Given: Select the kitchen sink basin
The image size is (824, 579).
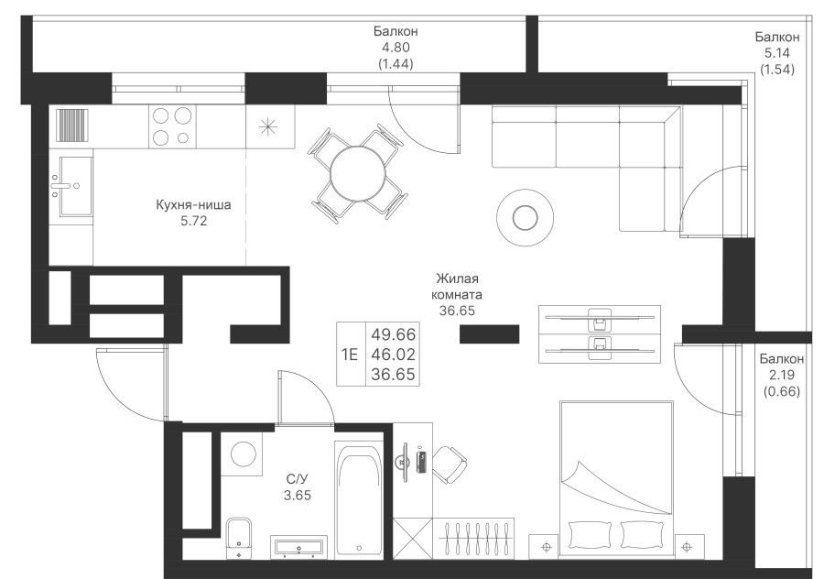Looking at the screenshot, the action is click(76, 186).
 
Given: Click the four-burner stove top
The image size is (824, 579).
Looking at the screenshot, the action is click(172, 126).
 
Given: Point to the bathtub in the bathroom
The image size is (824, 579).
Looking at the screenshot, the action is click(359, 499).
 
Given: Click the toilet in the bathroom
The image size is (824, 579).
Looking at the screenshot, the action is click(239, 539).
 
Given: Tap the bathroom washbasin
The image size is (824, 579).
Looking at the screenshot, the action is click(298, 547).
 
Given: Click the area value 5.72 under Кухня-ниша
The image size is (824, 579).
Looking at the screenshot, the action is click(194, 221).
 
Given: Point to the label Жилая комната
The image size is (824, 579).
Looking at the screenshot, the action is click(457, 287).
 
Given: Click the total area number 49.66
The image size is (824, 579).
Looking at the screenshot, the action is click(393, 334).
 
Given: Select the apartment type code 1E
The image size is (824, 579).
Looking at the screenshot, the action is click(350, 355).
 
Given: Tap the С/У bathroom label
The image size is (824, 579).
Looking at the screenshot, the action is click(298, 478).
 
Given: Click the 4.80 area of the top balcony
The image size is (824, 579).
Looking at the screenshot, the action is click(396, 48).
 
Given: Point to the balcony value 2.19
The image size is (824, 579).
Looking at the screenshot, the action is click(782, 375).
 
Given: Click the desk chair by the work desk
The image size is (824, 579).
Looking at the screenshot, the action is click(450, 464).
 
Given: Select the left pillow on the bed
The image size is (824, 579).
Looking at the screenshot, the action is click(591, 535).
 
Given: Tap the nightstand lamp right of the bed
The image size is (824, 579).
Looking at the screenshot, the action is click(687, 547).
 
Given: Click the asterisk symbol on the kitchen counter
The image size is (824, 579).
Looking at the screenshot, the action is click(268, 126).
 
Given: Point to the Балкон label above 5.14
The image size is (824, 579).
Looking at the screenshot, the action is click(777, 37).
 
